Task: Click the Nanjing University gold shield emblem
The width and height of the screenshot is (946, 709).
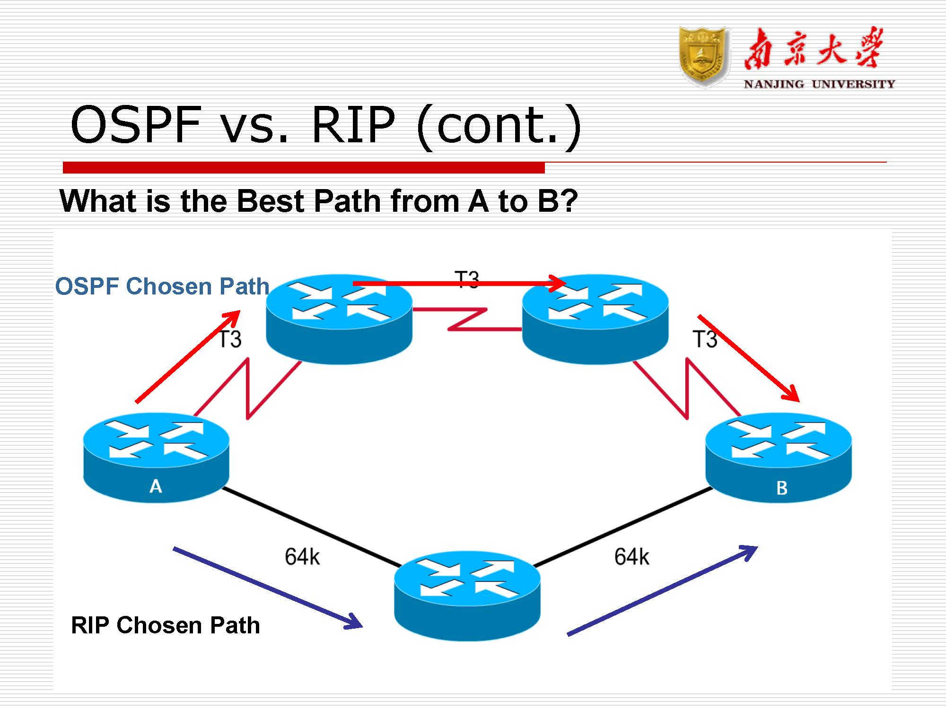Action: pyautogui.click(x=703, y=57)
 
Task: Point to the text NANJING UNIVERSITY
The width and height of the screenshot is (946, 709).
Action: pyautogui.click(x=819, y=85)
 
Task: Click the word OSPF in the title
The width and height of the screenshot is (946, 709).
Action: pyautogui.click(x=136, y=125)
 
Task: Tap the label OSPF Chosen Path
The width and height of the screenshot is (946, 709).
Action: pyautogui.click(x=162, y=286)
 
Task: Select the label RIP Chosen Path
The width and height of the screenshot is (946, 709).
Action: pyautogui.click(x=166, y=625)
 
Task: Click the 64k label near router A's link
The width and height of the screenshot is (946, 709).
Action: pyautogui.click(x=302, y=557)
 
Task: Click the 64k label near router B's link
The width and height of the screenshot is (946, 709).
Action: pyautogui.click(x=631, y=557)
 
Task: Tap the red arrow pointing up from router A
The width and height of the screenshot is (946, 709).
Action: pyautogui.click(x=187, y=357)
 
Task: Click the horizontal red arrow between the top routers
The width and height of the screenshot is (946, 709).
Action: pyautogui.click(x=459, y=284)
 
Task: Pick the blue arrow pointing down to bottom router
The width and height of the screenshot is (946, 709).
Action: pyautogui.click(x=267, y=588)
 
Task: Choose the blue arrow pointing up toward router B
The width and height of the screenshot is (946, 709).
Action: pyautogui.click(x=662, y=591)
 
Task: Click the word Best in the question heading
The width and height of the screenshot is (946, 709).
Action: pyautogui.click(x=271, y=201)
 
